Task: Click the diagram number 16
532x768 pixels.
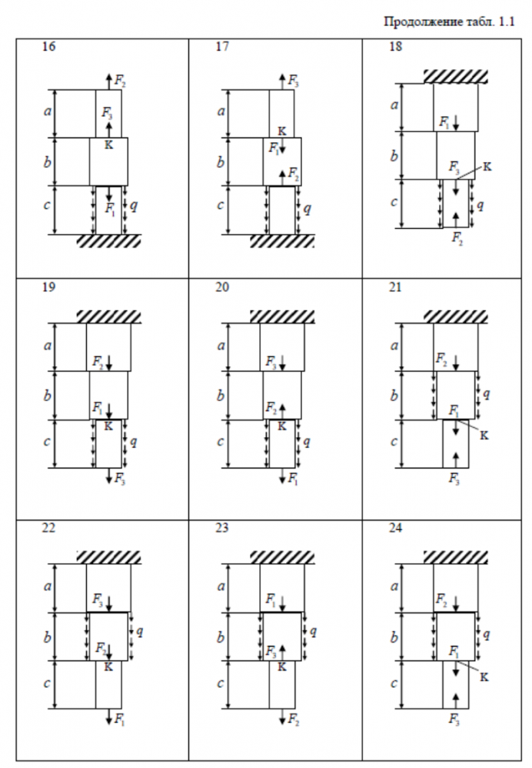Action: (x=48, y=47)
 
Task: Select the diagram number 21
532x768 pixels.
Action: (x=396, y=288)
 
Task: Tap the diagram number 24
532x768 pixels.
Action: (x=396, y=529)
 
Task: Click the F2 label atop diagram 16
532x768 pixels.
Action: (x=120, y=80)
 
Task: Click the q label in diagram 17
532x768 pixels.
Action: (x=308, y=208)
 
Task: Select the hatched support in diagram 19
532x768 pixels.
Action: (x=108, y=316)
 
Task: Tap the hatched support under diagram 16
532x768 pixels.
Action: (x=108, y=241)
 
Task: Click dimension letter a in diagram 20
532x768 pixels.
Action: (x=221, y=346)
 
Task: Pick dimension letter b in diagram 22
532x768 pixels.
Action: (x=48, y=637)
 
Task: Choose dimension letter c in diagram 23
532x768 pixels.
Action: (x=221, y=684)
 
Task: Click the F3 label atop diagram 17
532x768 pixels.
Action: (x=293, y=80)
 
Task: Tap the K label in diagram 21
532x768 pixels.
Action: (x=484, y=435)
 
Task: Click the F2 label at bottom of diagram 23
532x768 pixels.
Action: (x=293, y=720)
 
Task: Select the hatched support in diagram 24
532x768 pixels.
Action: (x=456, y=558)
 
